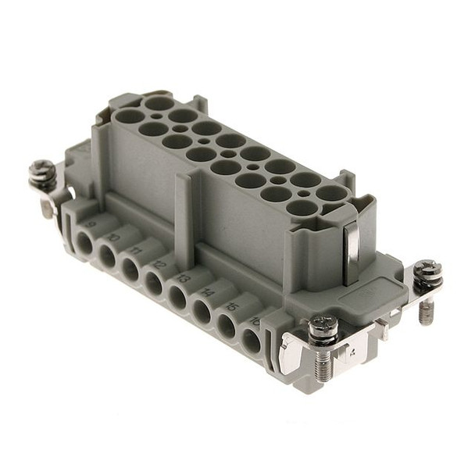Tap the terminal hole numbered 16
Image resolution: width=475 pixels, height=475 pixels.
tap(251, 341)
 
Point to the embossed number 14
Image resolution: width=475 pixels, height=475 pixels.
tap(208, 292)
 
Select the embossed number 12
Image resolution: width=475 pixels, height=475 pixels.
tap(160, 264)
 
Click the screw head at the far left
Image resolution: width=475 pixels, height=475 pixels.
tap(41, 170)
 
